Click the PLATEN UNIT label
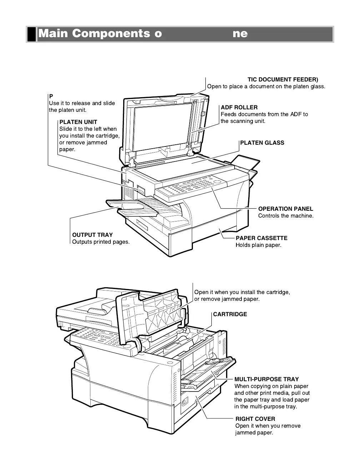click(x=78, y=122)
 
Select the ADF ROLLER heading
click(x=239, y=108)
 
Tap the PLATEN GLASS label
click(x=262, y=143)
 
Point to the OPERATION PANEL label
click(x=285, y=209)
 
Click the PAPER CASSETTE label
click(x=261, y=238)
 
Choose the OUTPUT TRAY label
click(x=92, y=235)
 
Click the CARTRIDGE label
click(x=230, y=314)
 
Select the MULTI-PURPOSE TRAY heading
click(x=266, y=379)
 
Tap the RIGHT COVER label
click(x=255, y=419)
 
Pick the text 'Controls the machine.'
click(x=286, y=216)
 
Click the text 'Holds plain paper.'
click(x=258, y=245)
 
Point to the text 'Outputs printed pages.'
click(x=101, y=242)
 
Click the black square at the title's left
click(x=32, y=34)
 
